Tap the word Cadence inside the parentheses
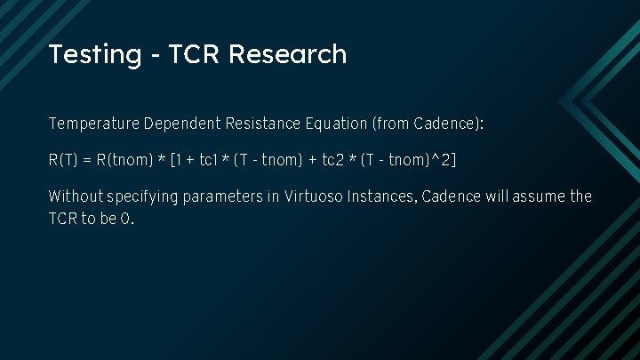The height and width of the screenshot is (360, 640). pyautogui.click(x=448, y=123)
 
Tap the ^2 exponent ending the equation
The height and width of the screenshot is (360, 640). pyautogui.click(x=444, y=160)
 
